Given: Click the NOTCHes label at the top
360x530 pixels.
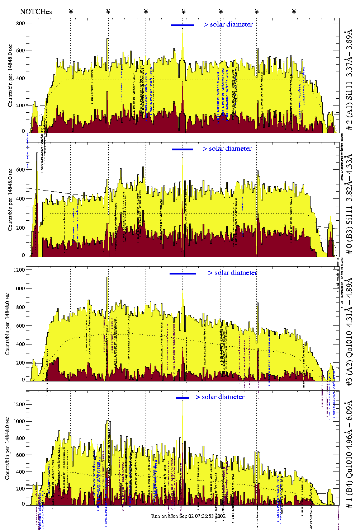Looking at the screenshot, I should (36, 11).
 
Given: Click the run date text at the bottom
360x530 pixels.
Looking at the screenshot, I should (188, 516).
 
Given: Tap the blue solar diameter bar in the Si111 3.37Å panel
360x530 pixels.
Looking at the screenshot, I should (183, 25).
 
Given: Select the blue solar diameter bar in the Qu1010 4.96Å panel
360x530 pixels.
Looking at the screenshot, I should (183, 398).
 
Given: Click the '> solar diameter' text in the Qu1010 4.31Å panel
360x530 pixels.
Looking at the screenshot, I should (232, 273).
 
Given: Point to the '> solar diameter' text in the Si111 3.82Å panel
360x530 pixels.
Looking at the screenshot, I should (227, 149).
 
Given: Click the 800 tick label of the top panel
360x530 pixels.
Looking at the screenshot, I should (20, 23).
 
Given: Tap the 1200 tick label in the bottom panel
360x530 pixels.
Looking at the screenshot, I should (19, 404).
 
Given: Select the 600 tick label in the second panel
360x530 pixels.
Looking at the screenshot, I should (20, 170).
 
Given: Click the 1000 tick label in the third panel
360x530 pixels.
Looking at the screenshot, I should (19, 289).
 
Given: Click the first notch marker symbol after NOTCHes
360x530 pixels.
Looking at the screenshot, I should (71, 11).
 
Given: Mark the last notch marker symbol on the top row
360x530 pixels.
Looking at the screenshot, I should (294, 11).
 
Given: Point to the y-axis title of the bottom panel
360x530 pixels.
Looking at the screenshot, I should (7, 449).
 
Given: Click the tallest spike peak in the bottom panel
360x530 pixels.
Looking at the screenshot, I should (183, 401).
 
